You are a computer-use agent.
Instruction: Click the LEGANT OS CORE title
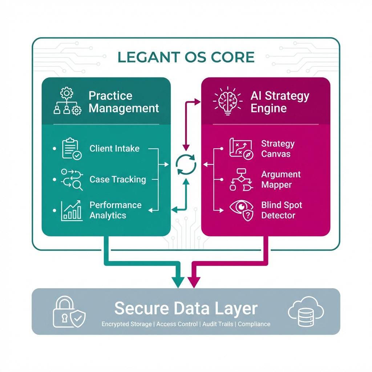click(186, 57)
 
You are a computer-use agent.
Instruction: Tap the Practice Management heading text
click(124, 102)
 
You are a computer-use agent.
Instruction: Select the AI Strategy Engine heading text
click(280, 102)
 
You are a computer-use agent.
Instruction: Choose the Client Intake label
click(114, 149)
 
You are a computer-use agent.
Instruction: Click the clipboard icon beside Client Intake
click(72, 149)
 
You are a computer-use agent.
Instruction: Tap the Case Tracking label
click(118, 179)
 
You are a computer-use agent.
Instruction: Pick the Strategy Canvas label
click(278, 149)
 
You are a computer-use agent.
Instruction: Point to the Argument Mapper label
click(281, 179)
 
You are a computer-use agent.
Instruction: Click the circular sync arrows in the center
click(186, 165)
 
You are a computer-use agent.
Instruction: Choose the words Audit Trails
click(218, 324)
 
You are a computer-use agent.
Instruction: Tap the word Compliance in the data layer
click(254, 324)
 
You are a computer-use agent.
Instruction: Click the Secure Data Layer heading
click(186, 309)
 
